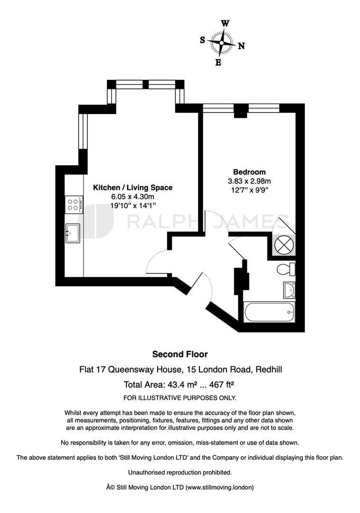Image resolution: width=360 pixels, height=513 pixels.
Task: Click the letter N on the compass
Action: [x=241, y=46]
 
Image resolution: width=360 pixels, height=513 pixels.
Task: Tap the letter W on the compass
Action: [x=225, y=24]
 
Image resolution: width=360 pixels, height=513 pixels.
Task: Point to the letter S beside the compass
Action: [x=202, y=40]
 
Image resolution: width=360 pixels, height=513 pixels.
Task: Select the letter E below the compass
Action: [x=218, y=62]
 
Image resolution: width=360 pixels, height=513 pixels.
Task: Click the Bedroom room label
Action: [x=249, y=172]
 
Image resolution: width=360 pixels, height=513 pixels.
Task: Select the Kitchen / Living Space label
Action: [x=133, y=188]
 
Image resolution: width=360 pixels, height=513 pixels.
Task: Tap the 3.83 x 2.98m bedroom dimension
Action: [x=249, y=181]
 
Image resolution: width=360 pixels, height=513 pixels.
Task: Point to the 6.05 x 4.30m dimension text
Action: [x=133, y=197]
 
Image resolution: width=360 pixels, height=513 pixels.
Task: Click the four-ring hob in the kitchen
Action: [x=74, y=205]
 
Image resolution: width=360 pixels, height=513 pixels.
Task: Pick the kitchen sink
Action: [x=73, y=233]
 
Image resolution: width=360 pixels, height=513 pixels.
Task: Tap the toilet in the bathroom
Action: [x=286, y=269]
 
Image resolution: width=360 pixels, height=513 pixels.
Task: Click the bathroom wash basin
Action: [x=289, y=290]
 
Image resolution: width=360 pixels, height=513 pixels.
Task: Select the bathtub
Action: [x=269, y=312]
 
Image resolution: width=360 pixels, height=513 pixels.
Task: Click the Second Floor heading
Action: [x=180, y=354]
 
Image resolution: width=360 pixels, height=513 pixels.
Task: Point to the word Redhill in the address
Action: [x=269, y=370]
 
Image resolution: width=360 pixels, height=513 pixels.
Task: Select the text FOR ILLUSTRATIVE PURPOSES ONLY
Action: [x=180, y=398]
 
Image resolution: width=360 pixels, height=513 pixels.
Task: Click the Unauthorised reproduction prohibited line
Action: [x=180, y=473]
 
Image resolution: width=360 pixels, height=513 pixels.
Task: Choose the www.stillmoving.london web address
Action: [x=219, y=487]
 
